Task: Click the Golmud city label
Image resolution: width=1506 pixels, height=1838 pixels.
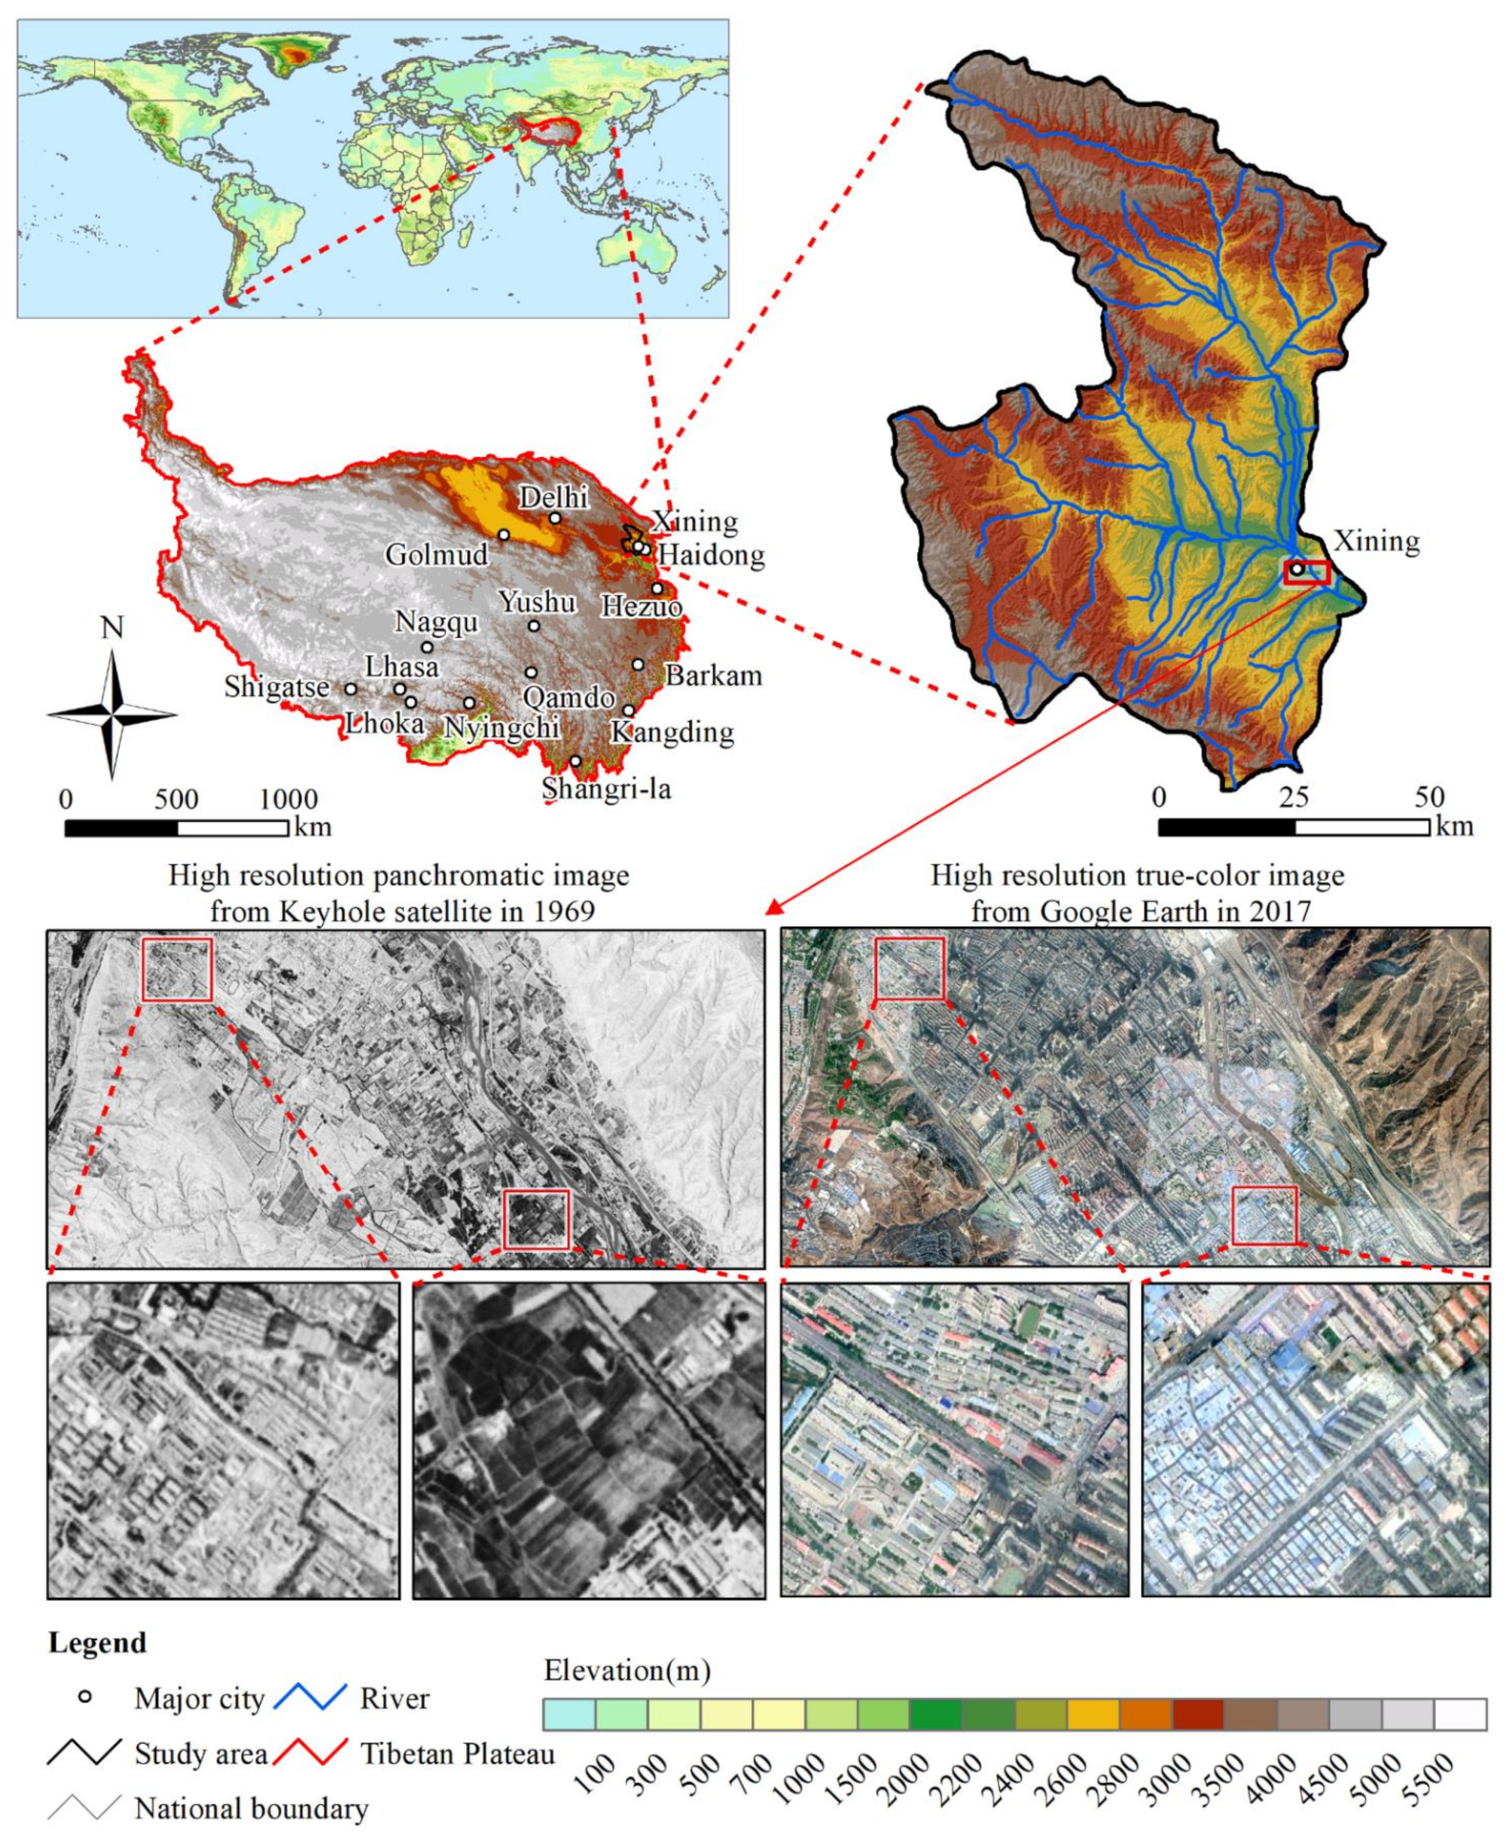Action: pyautogui.click(x=436, y=553)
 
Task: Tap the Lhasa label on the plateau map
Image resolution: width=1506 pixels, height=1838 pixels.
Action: pyautogui.click(x=401, y=666)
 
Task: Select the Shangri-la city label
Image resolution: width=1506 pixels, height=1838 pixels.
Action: pyautogui.click(x=606, y=788)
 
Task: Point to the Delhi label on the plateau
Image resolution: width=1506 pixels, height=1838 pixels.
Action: pyautogui.click(x=553, y=497)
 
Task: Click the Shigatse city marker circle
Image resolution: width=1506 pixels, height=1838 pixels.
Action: pyautogui.click(x=350, y=689)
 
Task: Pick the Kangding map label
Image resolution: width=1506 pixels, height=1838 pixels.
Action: pyautogui.click(x=672, y=732)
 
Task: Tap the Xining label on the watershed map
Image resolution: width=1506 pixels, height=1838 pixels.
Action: pyautogui.click(x=1376, y=541)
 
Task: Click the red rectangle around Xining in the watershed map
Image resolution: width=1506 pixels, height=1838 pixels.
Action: pyautogui.click(x=1307, y=572)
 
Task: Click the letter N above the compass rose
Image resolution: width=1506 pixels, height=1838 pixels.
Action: pyautogui.click(x=112, y=627)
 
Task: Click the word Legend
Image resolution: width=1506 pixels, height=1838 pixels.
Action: pyautogui.click(x=97, y=1643)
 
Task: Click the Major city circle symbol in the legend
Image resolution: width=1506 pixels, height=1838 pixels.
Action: pyautogui.click(x=85, y=1696)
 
